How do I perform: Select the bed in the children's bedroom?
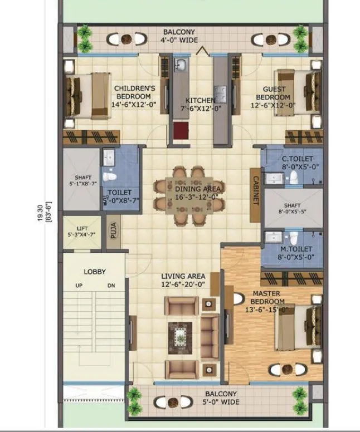tap(86, 96)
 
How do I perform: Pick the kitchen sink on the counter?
tap(181, 67)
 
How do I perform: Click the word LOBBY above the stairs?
tap(95, 272)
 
